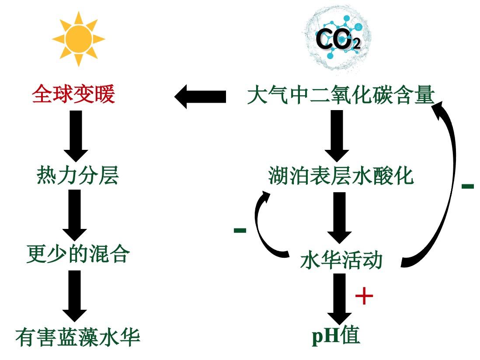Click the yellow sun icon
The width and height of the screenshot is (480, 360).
tap(78, 39)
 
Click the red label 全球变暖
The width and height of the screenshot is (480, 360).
tap(73, 95)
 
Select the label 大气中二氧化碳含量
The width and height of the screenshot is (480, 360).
tap(341, 95)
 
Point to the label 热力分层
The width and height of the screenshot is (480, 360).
tap(77, 176)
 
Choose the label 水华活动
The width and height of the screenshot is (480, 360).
tap(341, 260)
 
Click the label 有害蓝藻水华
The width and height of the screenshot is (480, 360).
tap(77, 337)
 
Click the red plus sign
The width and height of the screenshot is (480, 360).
tap(364, 297)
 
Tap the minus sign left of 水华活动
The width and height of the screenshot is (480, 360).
tap(240, 230)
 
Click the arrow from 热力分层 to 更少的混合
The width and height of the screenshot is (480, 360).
tap(76, 215)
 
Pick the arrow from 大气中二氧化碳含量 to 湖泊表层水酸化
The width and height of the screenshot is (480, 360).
tap(337, 135)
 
